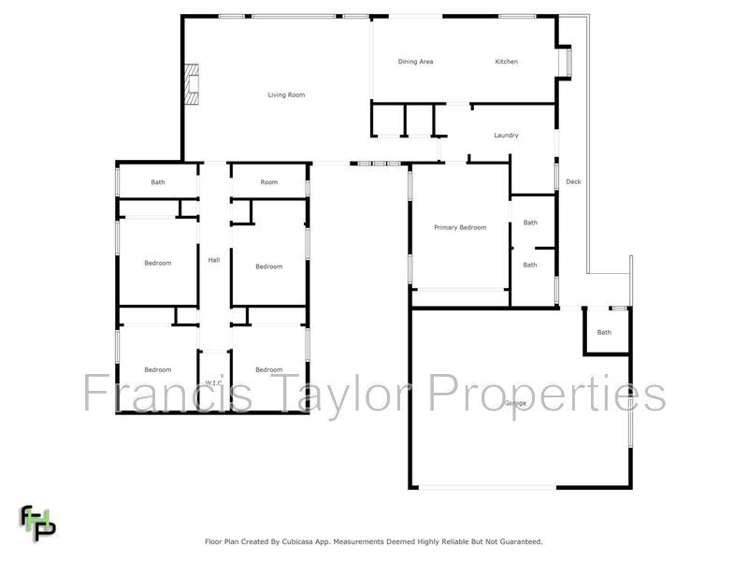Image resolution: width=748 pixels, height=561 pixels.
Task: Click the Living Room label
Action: (x=286, y=94)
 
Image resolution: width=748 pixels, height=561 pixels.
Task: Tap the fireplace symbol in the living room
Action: (x=192, y=83)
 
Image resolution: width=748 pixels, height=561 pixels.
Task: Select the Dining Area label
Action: (x=415, y=62)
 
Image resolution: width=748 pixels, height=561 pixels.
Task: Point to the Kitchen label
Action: (x=506, y=62)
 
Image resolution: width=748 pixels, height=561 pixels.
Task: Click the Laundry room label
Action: (x=506, y=136)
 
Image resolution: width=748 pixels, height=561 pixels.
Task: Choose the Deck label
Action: (x=573, y=181)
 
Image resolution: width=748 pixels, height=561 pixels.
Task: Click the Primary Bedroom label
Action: (x=460, y=227)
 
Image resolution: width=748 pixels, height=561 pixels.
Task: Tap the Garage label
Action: (x=514, y=403)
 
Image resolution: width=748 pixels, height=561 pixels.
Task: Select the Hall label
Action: (x=213, y=260)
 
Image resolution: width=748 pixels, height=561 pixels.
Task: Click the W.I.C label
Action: (x=213, y=382)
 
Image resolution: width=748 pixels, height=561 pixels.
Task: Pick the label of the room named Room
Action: (x=269, y=182)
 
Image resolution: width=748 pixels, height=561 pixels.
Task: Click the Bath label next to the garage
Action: (x=604, y=332)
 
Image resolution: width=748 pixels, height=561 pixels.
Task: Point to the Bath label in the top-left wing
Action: (x=158, y=182)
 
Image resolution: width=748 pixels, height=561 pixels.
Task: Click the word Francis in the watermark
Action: (x=168, y=393)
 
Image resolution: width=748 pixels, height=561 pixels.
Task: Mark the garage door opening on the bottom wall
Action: (x=486, y=487)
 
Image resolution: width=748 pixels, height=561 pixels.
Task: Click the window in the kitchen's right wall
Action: (x=564, y=62)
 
